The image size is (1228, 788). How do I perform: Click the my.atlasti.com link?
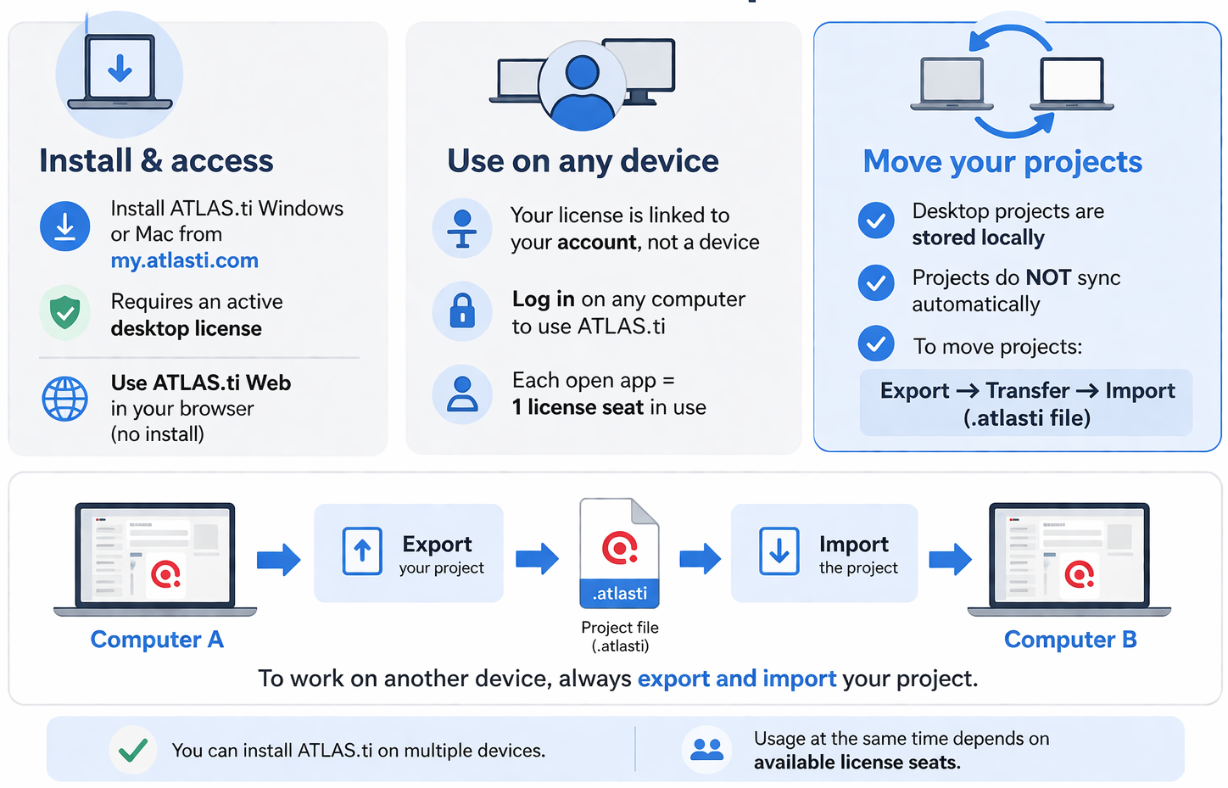(x=184, y=260)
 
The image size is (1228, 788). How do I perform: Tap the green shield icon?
(x=64, y=313)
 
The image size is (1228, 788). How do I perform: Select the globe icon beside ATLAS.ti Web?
(x=64, y=399)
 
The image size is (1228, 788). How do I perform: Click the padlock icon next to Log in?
(x=462, y=311)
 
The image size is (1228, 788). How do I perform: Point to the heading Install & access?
(x=156, y=160)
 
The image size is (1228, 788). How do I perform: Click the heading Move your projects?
(x=1002, y=161)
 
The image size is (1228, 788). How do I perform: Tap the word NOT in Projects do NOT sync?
(x=1048, y=277)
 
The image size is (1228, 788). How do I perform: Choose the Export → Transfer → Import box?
(x=1026, y=403)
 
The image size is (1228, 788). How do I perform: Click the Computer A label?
(x=157, y=640)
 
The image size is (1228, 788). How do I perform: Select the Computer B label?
(x=1070, y=640)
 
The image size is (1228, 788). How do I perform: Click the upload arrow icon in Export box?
(x=362, y=551)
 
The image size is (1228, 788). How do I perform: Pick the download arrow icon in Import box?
(x=779, y=551)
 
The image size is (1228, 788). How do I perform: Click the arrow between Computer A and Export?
(x=279, y=559)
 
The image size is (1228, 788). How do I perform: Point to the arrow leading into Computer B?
(x=950, y=559)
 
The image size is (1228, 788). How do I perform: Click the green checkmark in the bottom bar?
(x=133, y=750)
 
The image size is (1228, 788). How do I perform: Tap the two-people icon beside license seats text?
(x=706, y=750)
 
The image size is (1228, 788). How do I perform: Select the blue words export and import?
(x=736, y=679)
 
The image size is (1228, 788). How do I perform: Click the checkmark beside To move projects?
(x=876, y=344)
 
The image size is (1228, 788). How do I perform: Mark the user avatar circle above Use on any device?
(x=583, y=86)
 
